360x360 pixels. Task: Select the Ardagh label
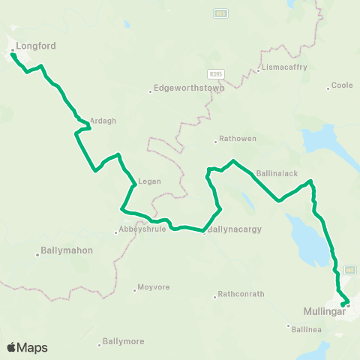point(103,120)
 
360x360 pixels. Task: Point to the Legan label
point(147,181)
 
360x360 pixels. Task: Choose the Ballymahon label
point(67,250)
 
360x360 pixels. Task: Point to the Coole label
point(342,85)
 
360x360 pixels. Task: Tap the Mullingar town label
point(325,311)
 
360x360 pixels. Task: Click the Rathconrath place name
point(241,294)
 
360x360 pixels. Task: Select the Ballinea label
point(306,328)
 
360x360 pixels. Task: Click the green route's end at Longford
point(13,54)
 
